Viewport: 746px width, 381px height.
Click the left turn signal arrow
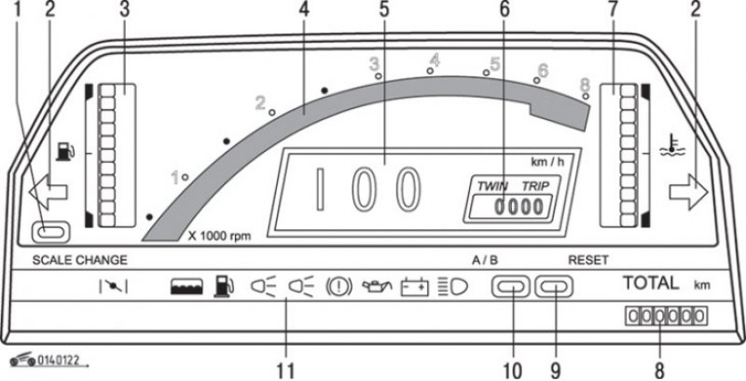48,192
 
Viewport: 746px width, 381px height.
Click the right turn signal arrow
689,192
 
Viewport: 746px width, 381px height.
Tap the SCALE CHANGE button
50,232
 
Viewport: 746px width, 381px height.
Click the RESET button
554,287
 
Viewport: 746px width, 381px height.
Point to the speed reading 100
368,189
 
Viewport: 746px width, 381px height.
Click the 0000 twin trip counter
518,208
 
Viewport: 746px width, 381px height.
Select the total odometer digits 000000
666,315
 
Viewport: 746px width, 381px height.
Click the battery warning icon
415,288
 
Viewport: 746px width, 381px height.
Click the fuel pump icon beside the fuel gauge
65,151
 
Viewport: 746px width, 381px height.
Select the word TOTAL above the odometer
651,283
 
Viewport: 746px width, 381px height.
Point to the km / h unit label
547,161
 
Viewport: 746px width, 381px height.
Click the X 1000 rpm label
219,236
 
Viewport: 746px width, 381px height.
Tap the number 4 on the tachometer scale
435,60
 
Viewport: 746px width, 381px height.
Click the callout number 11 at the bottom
286,372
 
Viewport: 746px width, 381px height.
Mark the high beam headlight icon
453,287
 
